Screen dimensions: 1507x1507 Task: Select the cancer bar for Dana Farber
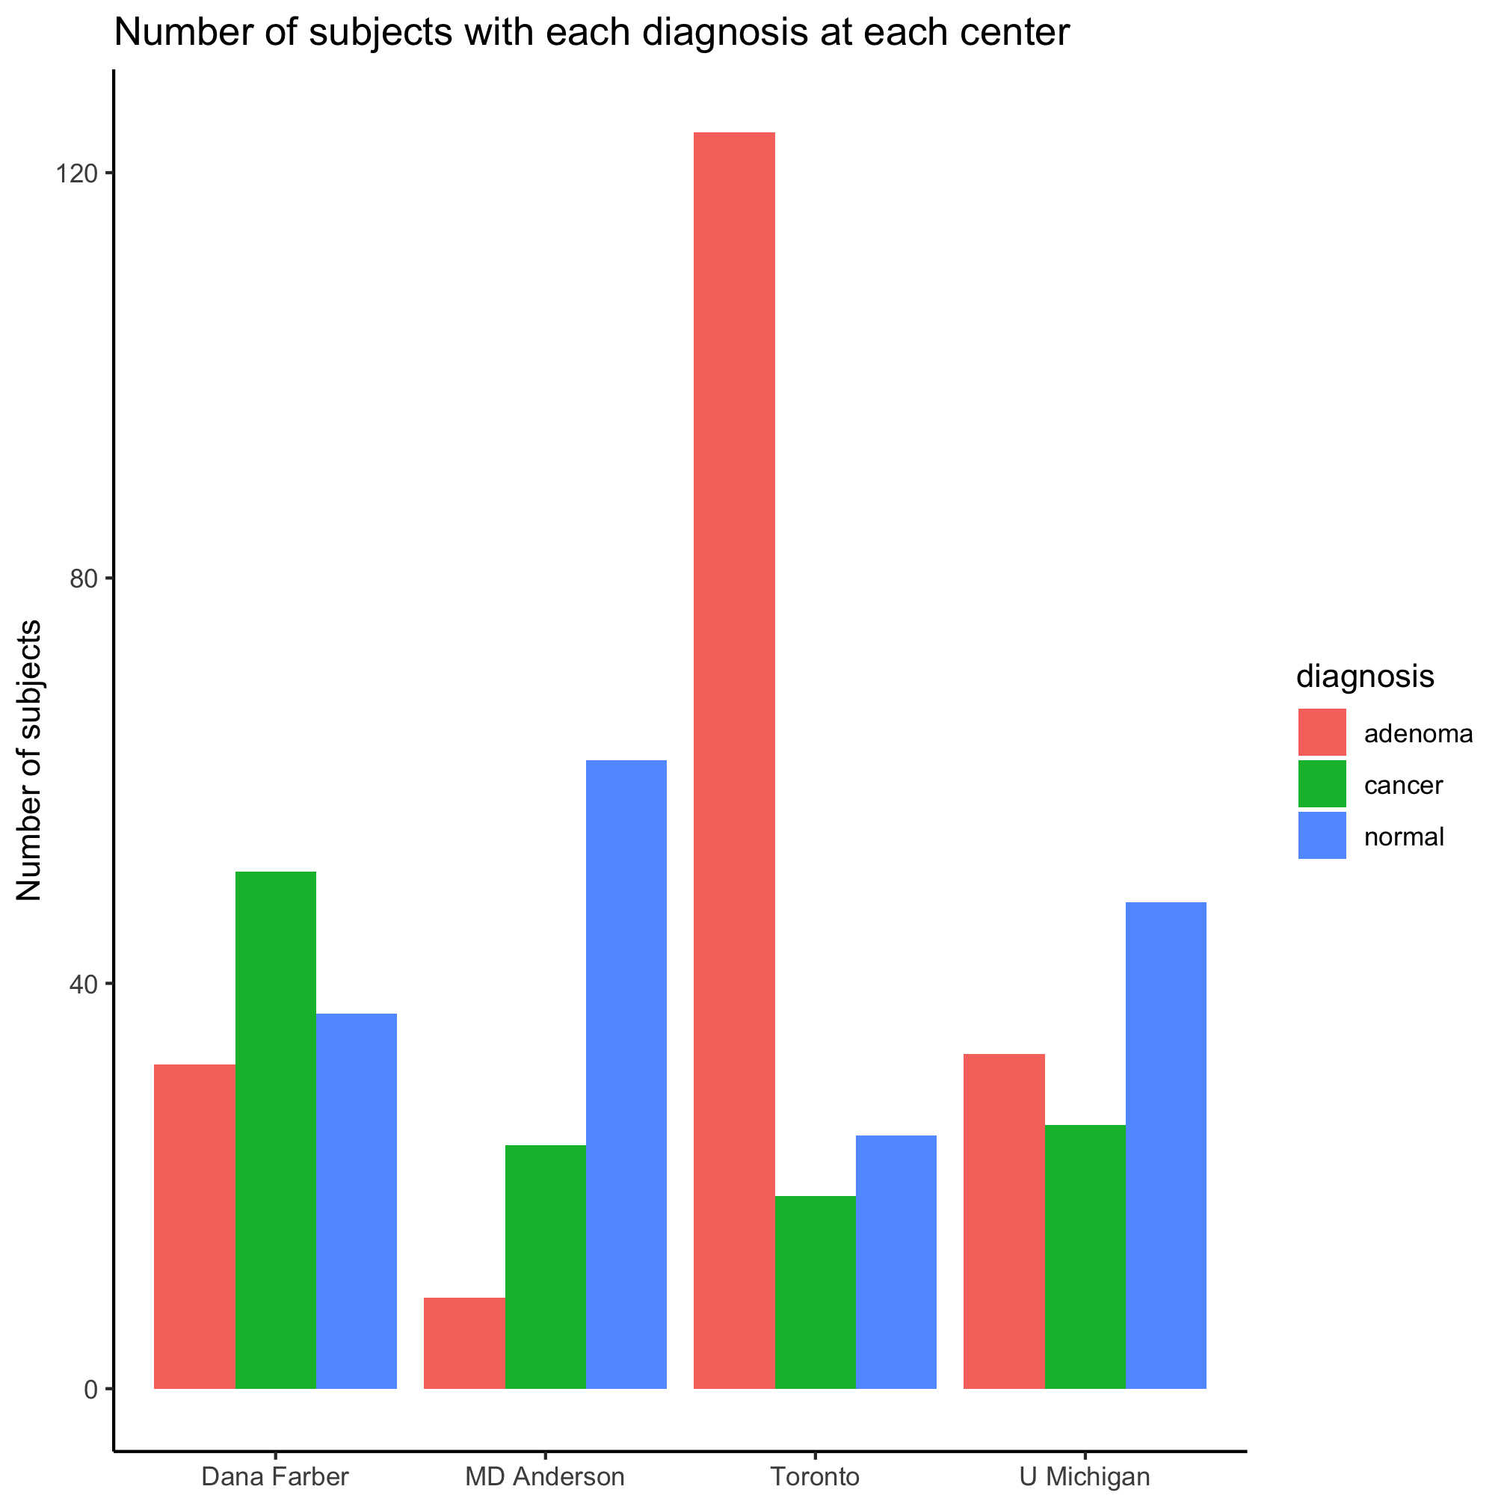coord(275,1130)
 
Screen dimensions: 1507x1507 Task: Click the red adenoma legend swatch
coord(1322,733)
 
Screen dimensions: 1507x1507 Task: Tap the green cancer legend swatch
coord(1322,784)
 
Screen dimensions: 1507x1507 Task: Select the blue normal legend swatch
coord(1322,836)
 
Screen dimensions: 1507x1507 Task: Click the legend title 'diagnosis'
coord(1365,677)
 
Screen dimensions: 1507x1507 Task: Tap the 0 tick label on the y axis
coord(90,1389)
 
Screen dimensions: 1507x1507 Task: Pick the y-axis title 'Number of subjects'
coord(30,760)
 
